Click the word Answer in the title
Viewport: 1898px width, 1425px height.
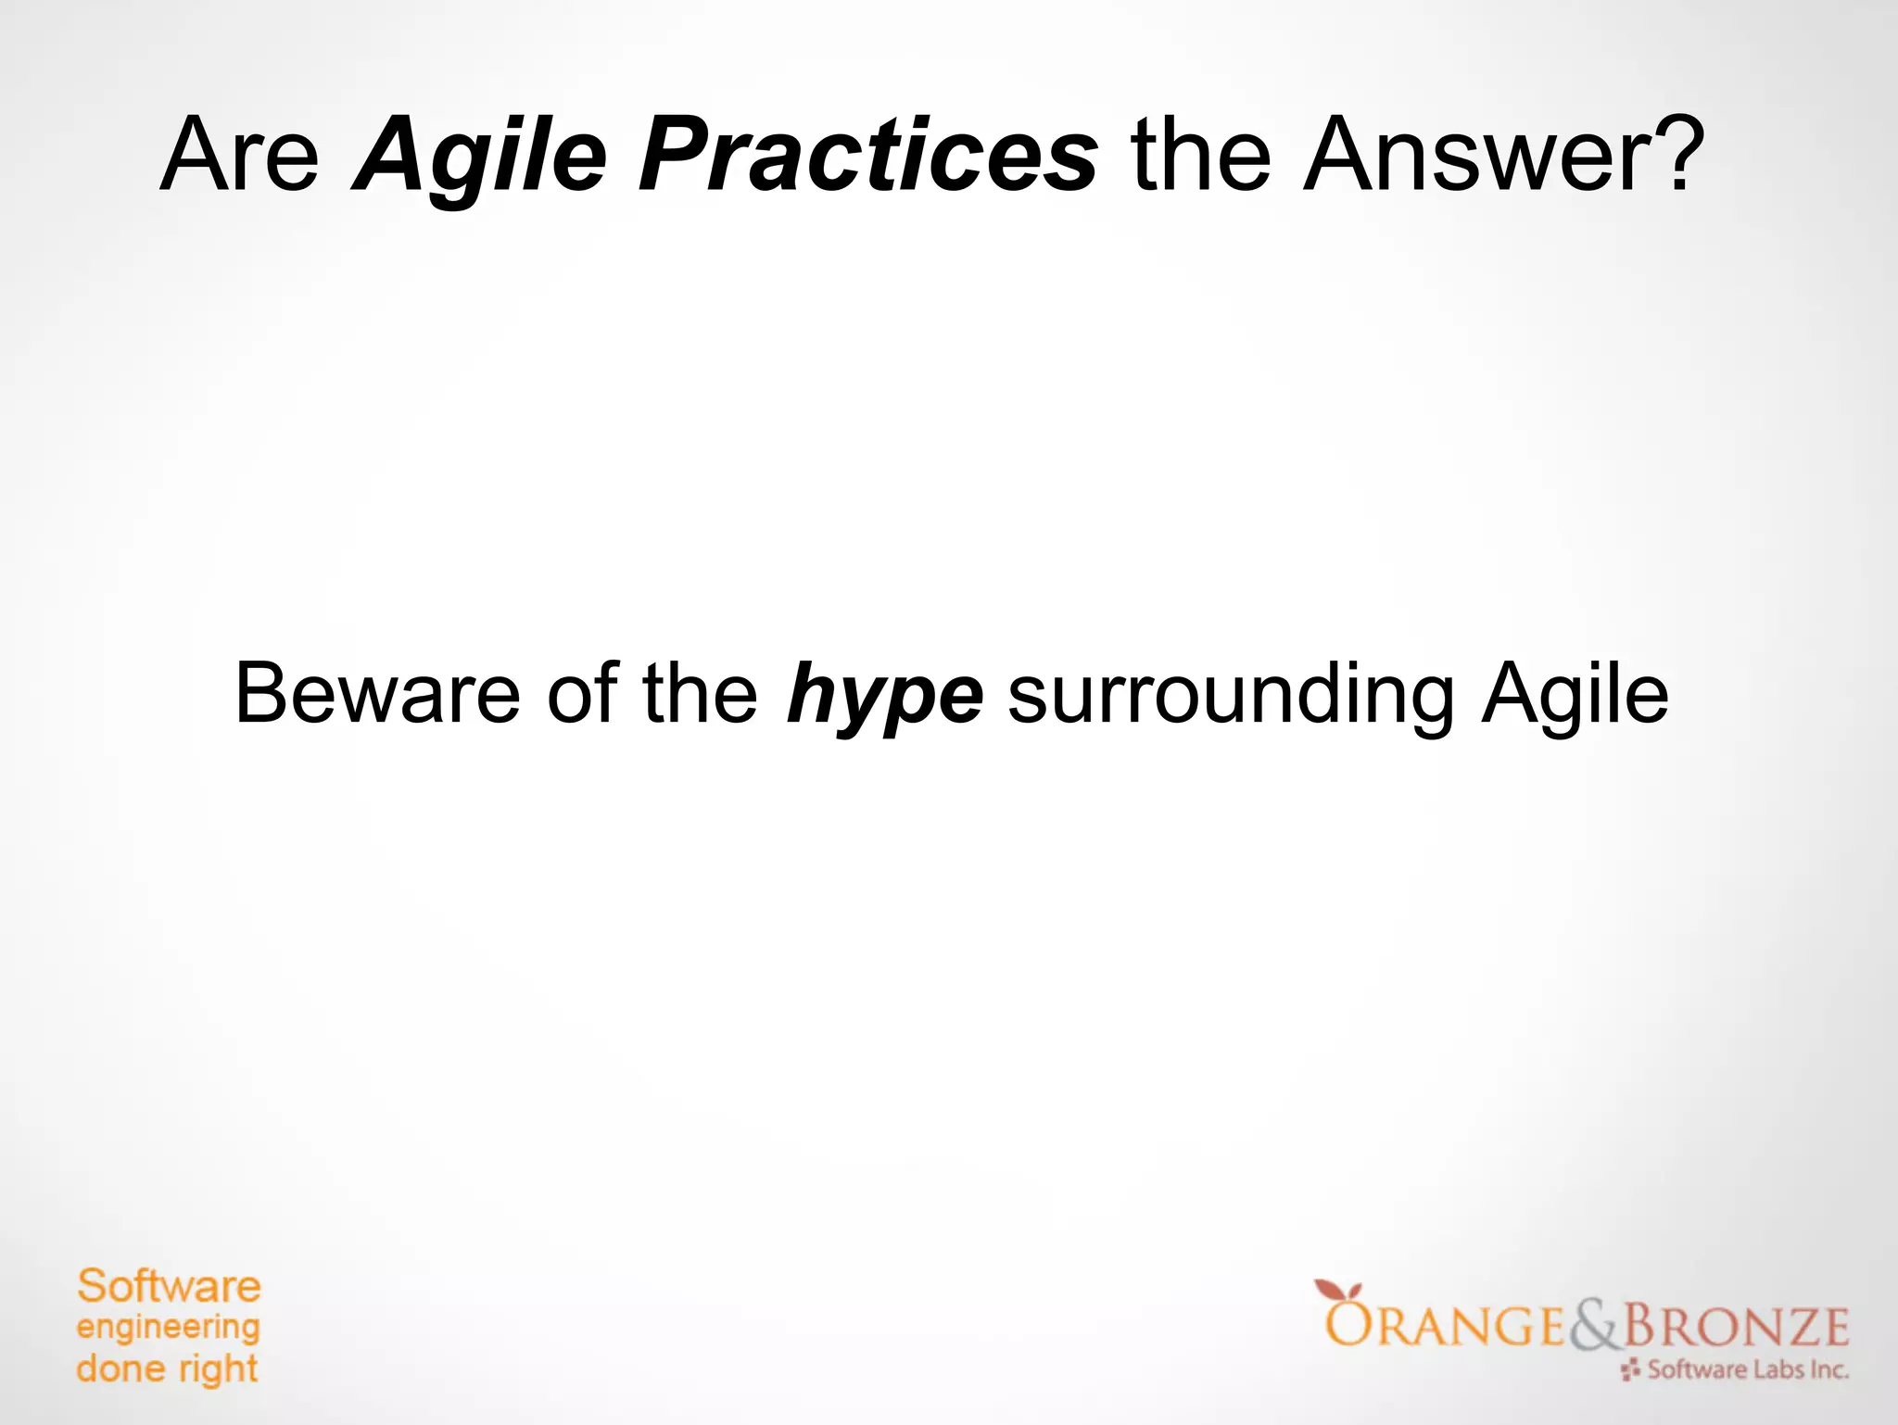(1464, 155)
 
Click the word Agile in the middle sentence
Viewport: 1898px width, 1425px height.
(1575, 696)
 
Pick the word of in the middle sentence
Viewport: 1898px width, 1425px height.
(582, 694)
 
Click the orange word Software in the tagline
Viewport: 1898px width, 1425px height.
(169, 1287)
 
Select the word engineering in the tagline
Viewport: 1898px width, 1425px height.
(168, 1329)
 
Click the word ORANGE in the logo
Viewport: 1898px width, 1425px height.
(1446, 1326)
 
